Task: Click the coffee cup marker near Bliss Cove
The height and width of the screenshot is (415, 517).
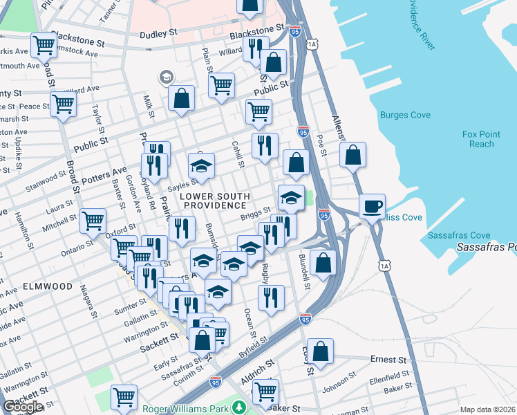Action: click(x=373, y=205)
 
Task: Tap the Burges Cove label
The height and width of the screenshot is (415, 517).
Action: click(x=405, y=115)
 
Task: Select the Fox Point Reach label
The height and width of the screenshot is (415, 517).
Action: click(x=478, y=139)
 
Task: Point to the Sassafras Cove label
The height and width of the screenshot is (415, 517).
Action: click(x=458, y=235)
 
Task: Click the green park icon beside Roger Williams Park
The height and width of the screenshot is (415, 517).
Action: click(x=239, y=407)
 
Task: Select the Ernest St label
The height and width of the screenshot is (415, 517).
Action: click(x=388, y=360)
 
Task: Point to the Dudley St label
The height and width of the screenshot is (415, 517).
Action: click(x=160, y=34)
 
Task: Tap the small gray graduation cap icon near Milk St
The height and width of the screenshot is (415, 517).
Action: click(x=166, y=77)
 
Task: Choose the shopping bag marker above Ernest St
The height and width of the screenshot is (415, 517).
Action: click(x=320, y=351)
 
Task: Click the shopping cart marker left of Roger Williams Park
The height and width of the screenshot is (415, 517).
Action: click(x=124, y=397)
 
